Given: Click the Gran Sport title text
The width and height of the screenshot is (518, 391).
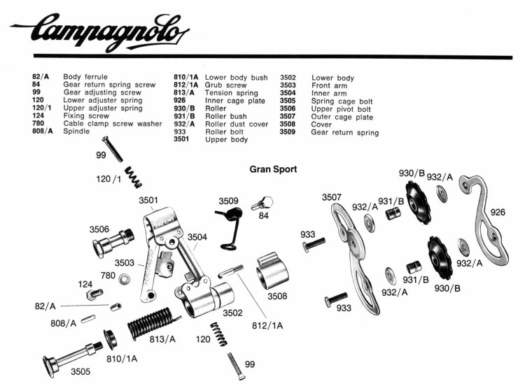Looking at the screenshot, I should coord(273,169).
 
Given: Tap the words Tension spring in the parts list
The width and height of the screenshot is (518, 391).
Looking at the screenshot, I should coord(231,93).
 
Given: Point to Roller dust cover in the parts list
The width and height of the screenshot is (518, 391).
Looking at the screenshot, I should coord(236,124).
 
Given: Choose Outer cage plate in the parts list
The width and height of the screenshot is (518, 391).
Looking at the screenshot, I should coord(342,117).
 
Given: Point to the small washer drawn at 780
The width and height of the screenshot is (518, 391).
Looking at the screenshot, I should coord(124,279).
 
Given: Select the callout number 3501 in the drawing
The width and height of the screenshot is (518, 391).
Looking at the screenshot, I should coord(148,200).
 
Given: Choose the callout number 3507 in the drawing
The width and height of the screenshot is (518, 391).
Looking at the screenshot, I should coord(332,197).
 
